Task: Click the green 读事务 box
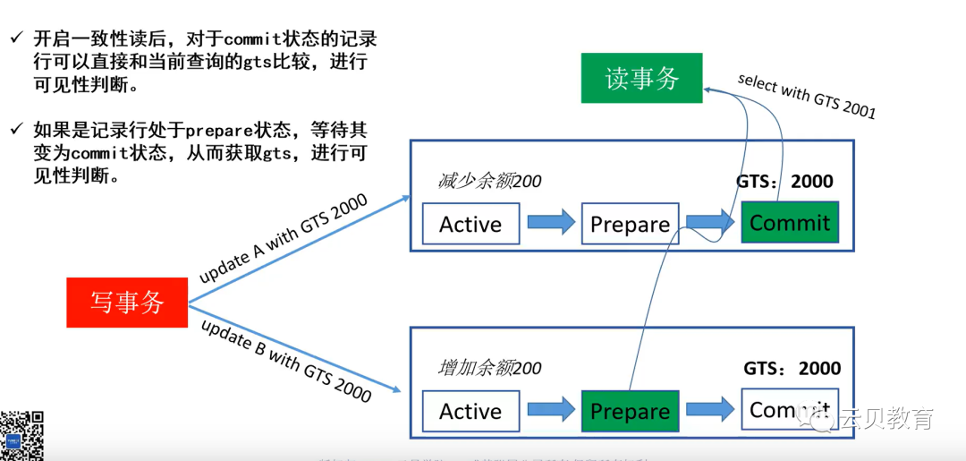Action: [x=641, y=78]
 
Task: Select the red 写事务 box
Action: [x=127, y=303]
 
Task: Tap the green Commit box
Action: [x=790, y=223]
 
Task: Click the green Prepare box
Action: [x=630, y=412]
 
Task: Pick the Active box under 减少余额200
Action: [x=470, y=224]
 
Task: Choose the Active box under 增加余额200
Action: [x=470, y=412]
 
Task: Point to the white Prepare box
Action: [x=630, y=224]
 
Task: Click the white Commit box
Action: [x=790, y=410]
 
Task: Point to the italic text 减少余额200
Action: [x=489, y=182]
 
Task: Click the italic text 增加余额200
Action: [x=489, y=368]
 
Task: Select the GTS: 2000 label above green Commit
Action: [x=784, y=182]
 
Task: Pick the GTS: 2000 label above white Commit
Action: [x=792, y=369]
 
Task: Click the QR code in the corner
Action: [x=22, y=435]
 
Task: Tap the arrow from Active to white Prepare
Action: [x=551, y=223]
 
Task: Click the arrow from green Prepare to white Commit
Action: [x=710, y=411]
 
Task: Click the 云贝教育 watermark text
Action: [x=885, y=419]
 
